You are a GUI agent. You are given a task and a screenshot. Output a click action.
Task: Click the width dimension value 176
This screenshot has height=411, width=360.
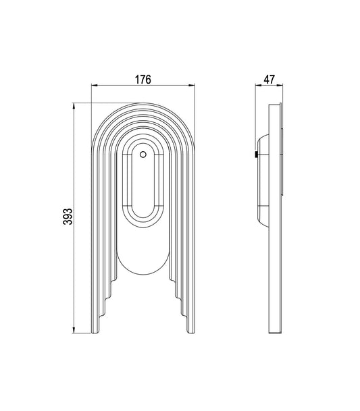pyautogui.click(x=142, y=79)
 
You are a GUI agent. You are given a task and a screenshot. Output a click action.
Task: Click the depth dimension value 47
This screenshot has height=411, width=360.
pyautogui.click(x=268, y=79)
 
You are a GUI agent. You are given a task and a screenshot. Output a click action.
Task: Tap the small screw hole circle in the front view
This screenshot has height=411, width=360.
pyautogui.click(x=143, y=155)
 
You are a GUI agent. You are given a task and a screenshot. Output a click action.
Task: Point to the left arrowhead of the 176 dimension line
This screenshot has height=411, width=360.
pyautogui.click(x=94, y=86)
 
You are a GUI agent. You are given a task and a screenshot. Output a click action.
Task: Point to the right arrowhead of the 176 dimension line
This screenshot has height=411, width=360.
pyautogui.click(x=192, y=86)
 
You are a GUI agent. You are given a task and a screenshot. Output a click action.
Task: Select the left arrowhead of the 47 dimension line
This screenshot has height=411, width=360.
pyautogui.click(x=257, y=86)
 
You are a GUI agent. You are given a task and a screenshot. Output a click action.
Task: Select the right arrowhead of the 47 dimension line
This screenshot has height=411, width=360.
pyautogui.click(x=282, y=86)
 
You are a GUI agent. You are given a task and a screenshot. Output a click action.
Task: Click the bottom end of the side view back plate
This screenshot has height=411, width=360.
pyautogui.click(x=276, y=333)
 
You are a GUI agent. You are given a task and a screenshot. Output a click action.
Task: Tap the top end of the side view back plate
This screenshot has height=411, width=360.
pyautogui.click(x=276, y=105)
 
